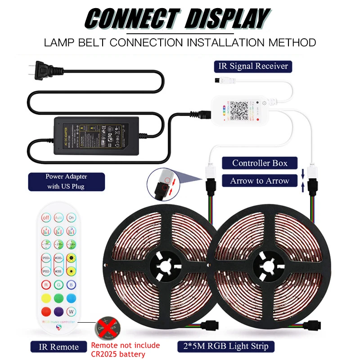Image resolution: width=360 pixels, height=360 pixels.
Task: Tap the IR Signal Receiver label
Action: (x=253, y=66)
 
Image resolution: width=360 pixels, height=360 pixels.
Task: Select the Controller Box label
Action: (x=259, y=163)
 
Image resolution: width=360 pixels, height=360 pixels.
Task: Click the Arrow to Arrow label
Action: (x=259, y=181)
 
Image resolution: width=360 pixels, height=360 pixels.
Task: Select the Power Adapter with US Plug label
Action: (x=66, y=181)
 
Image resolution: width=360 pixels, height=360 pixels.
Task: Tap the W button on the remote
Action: (x=71, y=311)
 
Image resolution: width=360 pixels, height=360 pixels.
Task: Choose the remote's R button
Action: (x=45, y=284)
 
